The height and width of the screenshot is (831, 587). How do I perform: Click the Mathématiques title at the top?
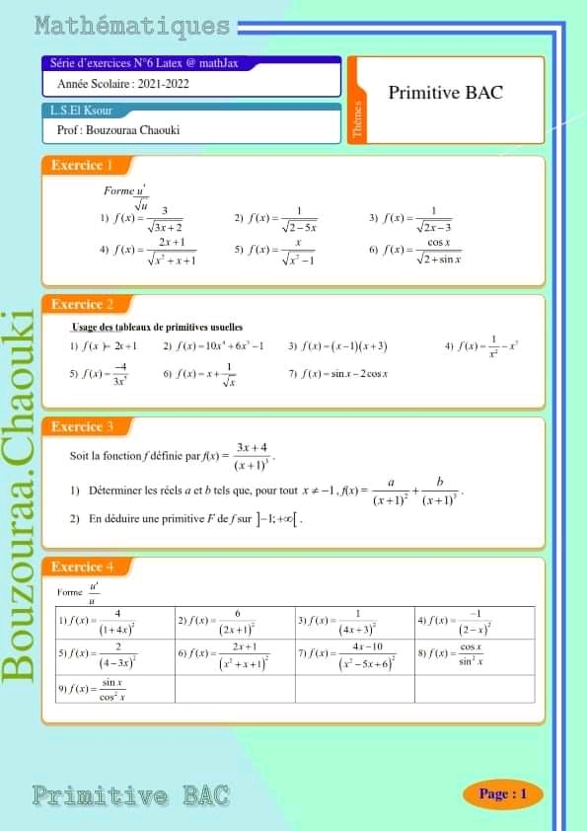click(131, 27)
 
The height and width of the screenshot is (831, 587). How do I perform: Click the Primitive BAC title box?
click(446, 94)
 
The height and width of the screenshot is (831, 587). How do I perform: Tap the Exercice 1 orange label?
click(83, 165)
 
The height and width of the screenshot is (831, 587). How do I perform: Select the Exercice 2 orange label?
click(83, 305)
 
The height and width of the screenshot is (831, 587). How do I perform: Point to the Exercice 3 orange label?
click(83, 427)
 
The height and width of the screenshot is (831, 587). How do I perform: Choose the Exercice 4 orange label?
click(83, 567)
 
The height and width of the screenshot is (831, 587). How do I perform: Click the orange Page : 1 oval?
click(502, 793)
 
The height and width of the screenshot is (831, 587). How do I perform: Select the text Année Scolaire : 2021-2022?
click(123, 85)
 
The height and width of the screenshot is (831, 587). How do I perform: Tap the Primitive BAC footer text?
click(131, 794)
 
